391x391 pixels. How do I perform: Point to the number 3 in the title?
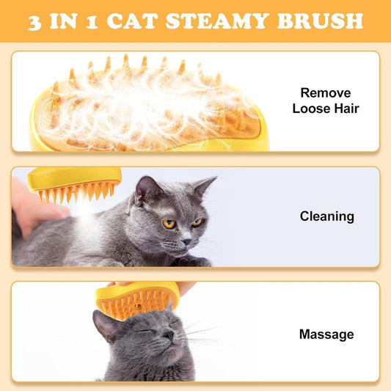click(x=36, y=21)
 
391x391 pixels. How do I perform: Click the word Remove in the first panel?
click(x=326, y=93)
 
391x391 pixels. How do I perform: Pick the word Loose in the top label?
click(x=312, y=109)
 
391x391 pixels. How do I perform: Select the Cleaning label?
click(x=326, y=216)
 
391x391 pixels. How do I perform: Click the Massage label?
click(x=326, y=335)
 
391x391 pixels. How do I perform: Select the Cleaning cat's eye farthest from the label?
click(x=169, y=224)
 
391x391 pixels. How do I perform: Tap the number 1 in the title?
click(x=103, y=21)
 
